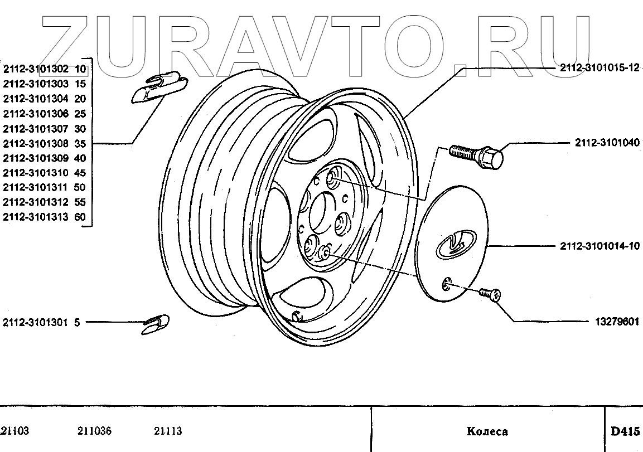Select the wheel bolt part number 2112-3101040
(607, 143)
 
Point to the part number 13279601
(616, 322)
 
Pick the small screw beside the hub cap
(489, 294)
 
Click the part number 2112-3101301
(35, 322)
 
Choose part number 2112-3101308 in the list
(36, 143)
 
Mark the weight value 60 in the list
(80, 217)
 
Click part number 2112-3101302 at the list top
(36, 70)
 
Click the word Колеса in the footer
(487, 431)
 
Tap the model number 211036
(95, 431)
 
